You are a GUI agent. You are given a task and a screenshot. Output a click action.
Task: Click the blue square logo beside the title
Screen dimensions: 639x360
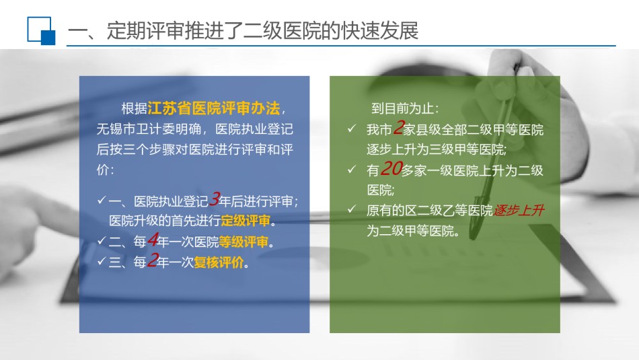pos(41,30)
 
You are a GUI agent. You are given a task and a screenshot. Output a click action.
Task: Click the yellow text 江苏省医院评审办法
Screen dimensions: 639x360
pos(213,108)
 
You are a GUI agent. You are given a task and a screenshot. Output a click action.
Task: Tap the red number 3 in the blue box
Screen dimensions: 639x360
pos(215,199)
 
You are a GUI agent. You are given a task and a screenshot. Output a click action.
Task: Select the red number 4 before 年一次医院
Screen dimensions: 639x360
pos(153,240)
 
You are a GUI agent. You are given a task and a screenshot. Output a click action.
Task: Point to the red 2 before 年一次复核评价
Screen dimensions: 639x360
pos(152,260)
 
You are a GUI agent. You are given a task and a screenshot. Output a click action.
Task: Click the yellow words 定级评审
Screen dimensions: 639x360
pos(246,221)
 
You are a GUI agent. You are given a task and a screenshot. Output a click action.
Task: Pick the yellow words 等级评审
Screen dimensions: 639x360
pos(243,242)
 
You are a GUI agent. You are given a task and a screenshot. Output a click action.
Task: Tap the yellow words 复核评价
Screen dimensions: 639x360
pos(219,262)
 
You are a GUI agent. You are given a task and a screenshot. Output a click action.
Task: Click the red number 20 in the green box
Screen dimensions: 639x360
pos(391,169)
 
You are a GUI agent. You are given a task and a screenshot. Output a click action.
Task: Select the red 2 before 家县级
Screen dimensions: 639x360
pos(398,128)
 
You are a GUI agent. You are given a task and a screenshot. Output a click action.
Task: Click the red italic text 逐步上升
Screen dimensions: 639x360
pos(519,211)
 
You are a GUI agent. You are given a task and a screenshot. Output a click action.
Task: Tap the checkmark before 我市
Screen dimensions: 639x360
pos(352,129)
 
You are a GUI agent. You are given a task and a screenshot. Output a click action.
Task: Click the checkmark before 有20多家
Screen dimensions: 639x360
pos(352,169)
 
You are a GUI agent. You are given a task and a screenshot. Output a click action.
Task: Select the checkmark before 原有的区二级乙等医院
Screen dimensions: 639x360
pos(352,209)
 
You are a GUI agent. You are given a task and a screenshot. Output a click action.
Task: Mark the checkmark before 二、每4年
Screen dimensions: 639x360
pos(102,240)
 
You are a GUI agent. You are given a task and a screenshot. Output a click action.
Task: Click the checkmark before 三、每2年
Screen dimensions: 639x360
pos(102,261)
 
